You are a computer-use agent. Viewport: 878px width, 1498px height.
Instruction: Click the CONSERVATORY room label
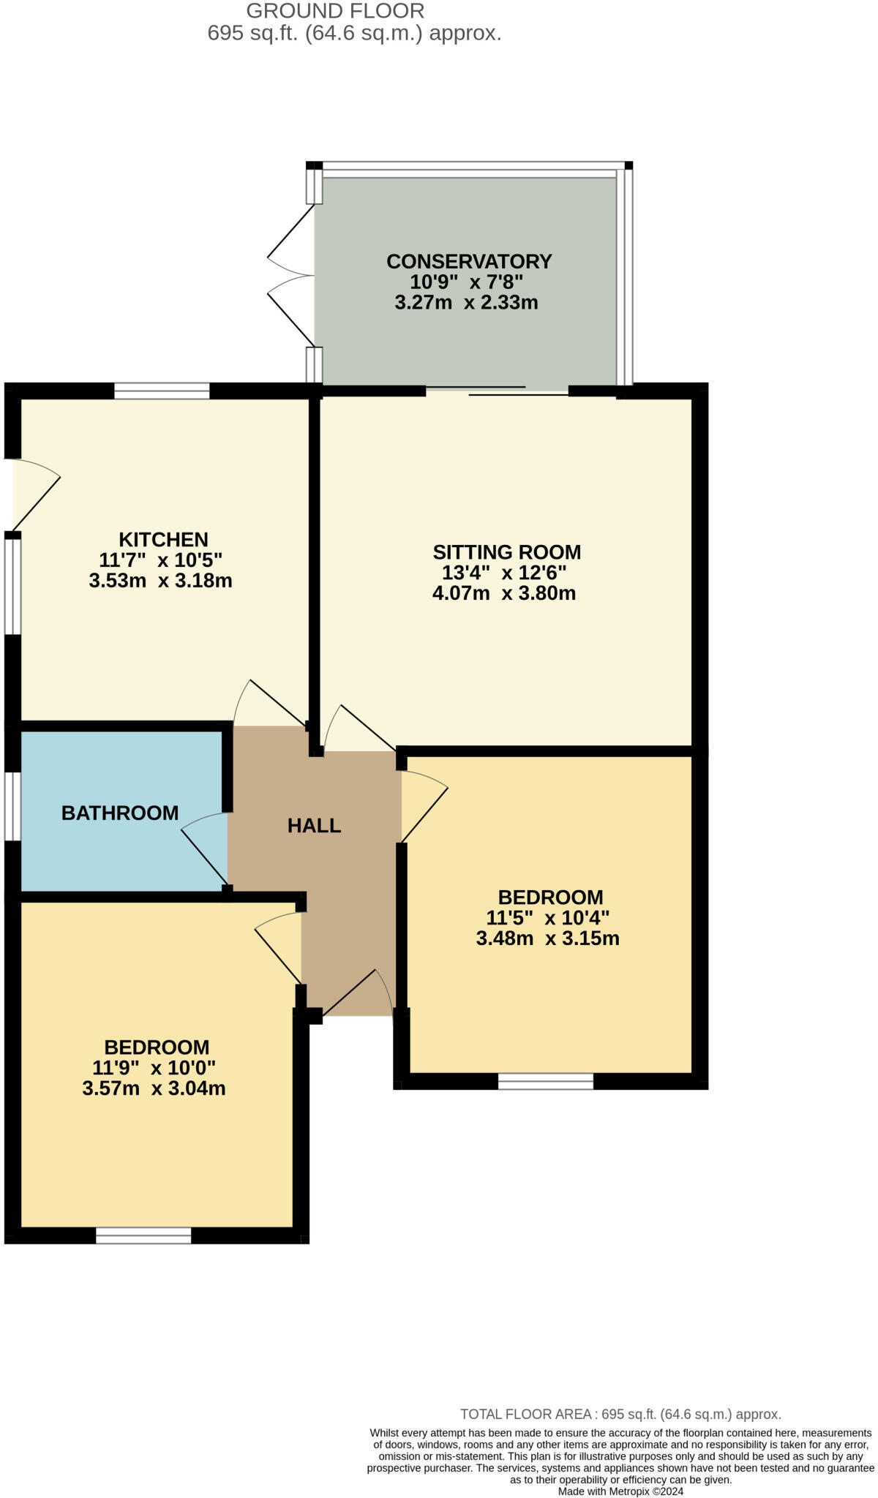click(x=469, y=261)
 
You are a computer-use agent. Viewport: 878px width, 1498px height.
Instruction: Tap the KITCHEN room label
click(x=163, y=540)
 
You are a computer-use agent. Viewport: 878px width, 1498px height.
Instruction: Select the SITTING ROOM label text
click(x=506, y=552)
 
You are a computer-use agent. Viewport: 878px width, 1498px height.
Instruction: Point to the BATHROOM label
click(x=120, y=813)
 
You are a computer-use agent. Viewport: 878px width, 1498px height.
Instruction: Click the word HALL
click(x=314, y=826)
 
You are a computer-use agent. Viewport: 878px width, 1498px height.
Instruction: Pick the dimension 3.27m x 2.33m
click(x=466, y=302)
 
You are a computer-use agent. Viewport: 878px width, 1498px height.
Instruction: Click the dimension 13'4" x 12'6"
click(x=504, y=573)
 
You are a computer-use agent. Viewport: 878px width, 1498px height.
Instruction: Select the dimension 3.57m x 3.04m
click(x=154, y=1088)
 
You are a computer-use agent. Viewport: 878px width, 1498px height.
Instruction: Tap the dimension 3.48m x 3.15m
click(x=547, y=938)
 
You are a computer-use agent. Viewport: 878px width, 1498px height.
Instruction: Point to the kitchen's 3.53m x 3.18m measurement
click(x=160, y=581)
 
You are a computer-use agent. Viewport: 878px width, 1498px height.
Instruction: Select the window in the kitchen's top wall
click(x=162, y=391)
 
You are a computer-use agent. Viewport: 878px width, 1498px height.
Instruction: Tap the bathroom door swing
click(x=205, y=848)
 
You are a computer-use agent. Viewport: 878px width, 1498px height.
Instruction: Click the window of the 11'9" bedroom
click(x=143, y=1235)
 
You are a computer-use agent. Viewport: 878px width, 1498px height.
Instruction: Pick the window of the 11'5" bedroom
click(x=546, y=1081)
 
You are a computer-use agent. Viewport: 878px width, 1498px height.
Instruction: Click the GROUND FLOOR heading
click(x=335, y=11)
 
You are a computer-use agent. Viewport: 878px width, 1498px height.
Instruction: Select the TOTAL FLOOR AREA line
click(x=620, y=1414)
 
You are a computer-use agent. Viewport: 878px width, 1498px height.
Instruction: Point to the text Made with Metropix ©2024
click(x=620, y=1491)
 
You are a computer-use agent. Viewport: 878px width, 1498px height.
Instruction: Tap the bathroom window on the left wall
click(x=12, y=806)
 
